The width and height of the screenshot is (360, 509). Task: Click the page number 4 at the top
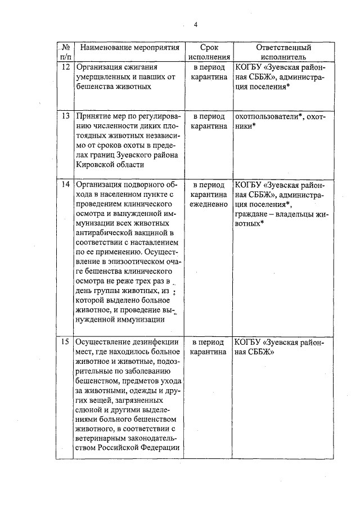pyautogui.click(x=195, y=24)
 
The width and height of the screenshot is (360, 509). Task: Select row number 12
pyautogui.click(x=65, y=67)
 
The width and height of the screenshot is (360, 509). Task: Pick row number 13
pyautogui.click(x=65, y=116)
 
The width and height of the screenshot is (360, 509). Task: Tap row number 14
pyautogui.click(x=65, y=184)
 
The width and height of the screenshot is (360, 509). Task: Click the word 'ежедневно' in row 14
pyautogui.click(x=209, y=204)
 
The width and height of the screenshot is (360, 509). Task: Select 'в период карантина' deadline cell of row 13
pyautogui.click(x=209, y=121)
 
